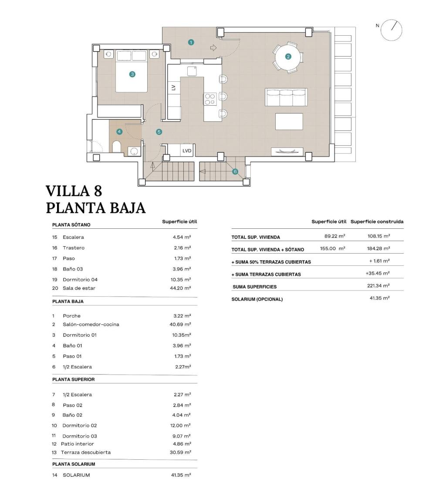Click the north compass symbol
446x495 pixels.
pos(391,30)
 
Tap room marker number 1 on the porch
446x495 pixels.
pos(191,42)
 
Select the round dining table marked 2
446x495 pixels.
pos(288,56)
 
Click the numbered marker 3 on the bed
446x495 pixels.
pos(132,74)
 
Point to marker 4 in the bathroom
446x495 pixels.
pos(119,131)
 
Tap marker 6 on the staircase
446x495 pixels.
pos(235,171)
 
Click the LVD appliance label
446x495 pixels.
pos(187,151)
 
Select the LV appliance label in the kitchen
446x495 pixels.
pos(173,87)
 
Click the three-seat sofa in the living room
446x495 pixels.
pos(286,97)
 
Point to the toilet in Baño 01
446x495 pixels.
pos(117,147)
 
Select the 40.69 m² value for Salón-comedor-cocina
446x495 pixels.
pos(182,324)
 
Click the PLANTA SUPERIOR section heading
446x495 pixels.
pos(74,379)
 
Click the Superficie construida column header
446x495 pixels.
pos(377,222)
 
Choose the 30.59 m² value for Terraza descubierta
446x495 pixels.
pos(182,452)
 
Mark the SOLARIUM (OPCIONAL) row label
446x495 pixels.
pos(257,299)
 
